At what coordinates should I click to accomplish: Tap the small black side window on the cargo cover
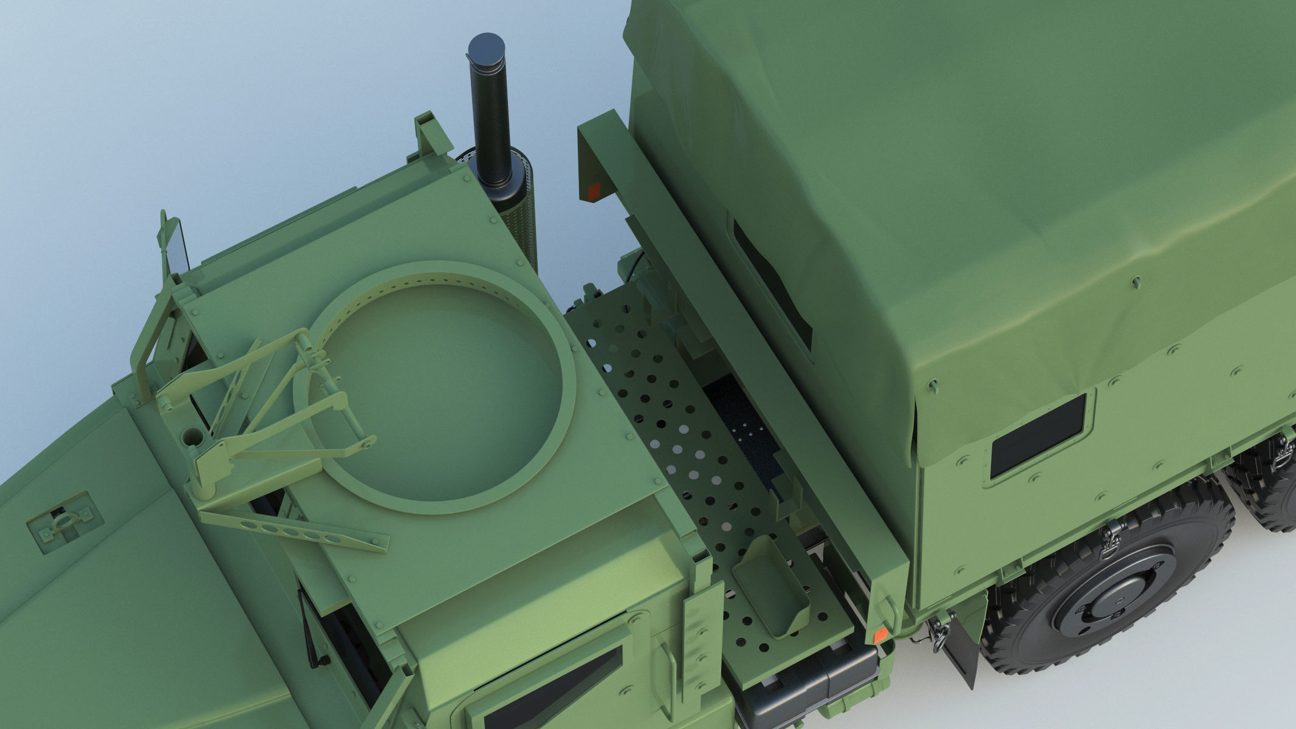point(1038,434)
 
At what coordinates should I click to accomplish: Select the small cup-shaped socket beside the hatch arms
point(194,435)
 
